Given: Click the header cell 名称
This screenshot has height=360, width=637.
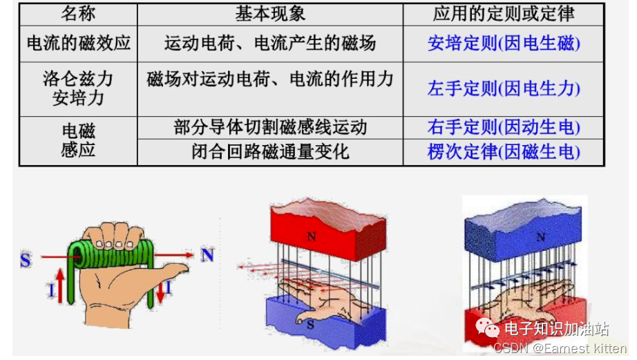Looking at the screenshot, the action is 78,13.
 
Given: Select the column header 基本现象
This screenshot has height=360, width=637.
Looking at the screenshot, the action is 270,13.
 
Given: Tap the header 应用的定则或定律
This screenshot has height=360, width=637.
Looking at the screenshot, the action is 504,13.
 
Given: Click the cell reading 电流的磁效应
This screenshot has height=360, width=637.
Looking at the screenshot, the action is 78,44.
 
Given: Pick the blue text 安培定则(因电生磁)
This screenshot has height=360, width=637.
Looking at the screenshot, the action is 504,44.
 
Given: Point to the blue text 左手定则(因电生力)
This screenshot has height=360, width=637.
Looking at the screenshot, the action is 504,89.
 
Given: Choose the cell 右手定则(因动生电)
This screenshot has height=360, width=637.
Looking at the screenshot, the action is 504,128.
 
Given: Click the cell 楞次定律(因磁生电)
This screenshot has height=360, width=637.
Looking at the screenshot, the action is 504,152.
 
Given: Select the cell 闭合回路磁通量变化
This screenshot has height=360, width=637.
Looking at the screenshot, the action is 270,152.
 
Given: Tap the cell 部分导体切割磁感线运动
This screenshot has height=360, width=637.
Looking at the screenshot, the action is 270,128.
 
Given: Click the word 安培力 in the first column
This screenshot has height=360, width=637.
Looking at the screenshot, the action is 78,98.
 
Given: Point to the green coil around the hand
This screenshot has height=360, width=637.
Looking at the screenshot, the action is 111,256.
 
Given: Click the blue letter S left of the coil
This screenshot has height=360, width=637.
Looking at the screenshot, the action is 26,260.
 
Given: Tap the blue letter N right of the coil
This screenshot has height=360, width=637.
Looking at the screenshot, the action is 207,255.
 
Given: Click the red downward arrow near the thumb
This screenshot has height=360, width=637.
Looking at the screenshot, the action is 160,290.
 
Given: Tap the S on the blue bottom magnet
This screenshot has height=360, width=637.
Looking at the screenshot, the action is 311,323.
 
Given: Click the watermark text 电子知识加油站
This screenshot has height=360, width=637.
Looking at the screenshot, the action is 556,328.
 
